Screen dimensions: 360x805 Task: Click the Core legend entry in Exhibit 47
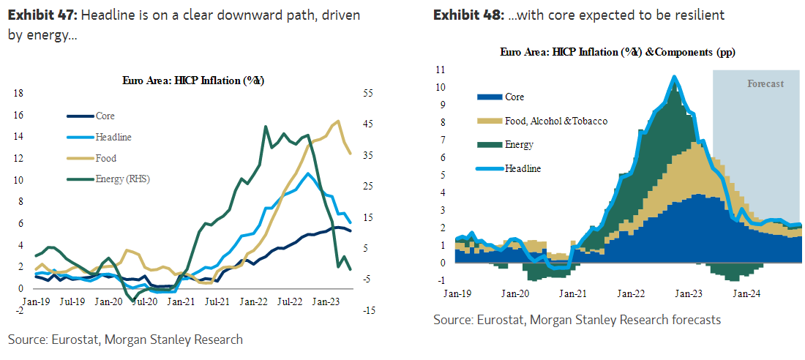tap(105, 116)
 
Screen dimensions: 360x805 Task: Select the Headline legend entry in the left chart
tap(113, 137)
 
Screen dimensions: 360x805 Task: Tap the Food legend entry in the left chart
tap(105, 158)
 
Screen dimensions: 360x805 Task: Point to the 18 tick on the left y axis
tap(19, 93)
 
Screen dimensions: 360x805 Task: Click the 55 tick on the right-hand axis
tap(367, 93)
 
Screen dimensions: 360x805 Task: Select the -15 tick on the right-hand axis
tap(367, 310)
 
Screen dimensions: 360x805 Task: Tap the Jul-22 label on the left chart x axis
tap(290, 300)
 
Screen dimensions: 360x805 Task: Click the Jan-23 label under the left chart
tap(326, 300)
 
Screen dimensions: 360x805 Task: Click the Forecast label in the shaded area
tap(765, 83)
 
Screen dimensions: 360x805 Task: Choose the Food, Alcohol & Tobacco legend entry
tap(556, 121)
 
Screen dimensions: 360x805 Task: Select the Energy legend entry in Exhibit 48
tap(519, 145)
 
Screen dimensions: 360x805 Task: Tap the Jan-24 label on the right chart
tap(745, 293)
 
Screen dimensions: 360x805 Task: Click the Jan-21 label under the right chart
tap(572, 293)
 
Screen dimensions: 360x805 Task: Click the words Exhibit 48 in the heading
tap(462, 15)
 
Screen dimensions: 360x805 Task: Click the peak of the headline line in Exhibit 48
tap(674, 76)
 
